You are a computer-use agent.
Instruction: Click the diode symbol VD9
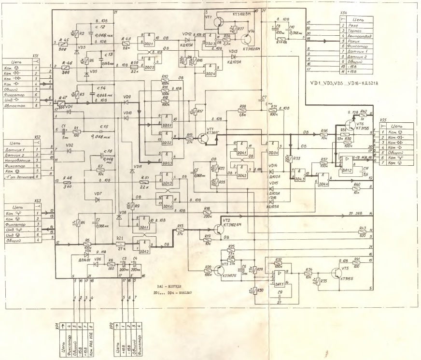point(126,102)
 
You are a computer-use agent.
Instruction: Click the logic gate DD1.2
point(144,246)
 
